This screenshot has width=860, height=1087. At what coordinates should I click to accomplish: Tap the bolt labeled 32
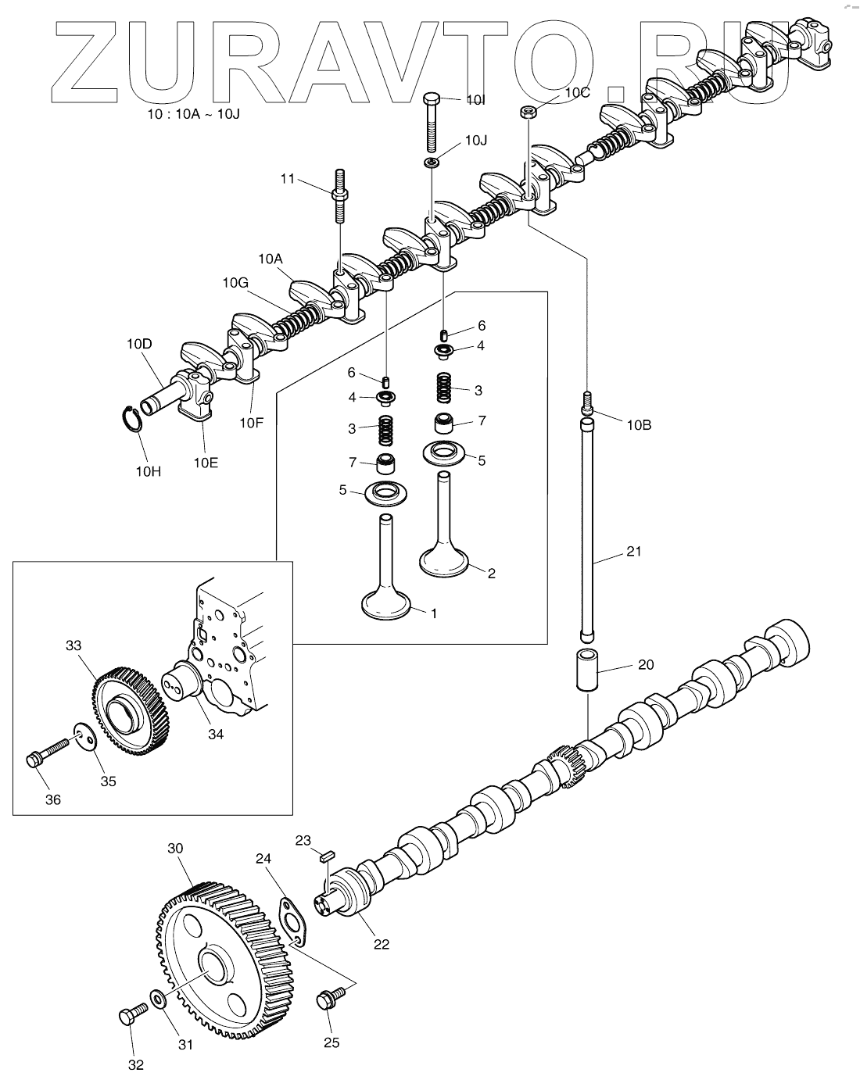click(132, 1014)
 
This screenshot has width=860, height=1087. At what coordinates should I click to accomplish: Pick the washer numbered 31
click(157, 999)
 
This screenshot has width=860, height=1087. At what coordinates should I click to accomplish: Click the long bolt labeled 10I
click(432, 122)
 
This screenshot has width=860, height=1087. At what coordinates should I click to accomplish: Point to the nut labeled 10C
click(528, 111)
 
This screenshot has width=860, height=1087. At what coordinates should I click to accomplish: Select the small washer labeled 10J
click(432, 163)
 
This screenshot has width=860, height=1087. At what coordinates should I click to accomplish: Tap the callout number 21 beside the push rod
click(633, 552)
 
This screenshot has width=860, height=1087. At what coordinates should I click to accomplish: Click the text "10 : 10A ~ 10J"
click(194, 115)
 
